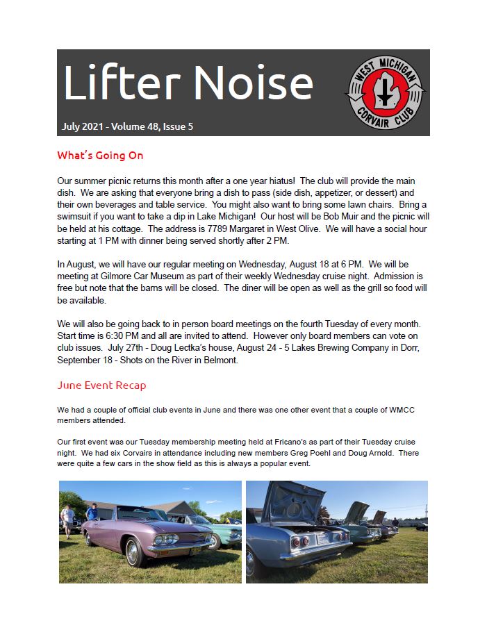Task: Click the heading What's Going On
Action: pos(100,156)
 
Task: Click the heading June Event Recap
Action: pos(101,386)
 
